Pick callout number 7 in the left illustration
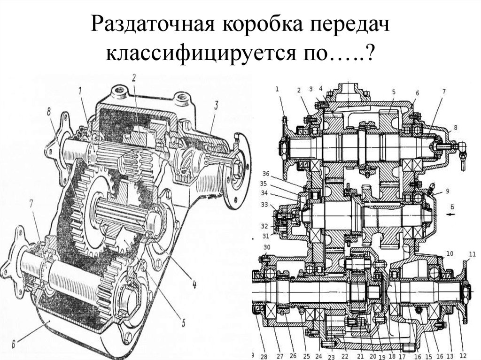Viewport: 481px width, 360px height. [x=31, y=205]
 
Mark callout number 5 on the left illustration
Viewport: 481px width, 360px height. [x=184, y=322]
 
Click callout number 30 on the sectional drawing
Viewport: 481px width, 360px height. [x=267, y=248]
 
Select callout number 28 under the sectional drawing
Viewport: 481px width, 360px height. [x=264, y=355]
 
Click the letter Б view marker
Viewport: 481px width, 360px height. [x=451, y=206]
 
